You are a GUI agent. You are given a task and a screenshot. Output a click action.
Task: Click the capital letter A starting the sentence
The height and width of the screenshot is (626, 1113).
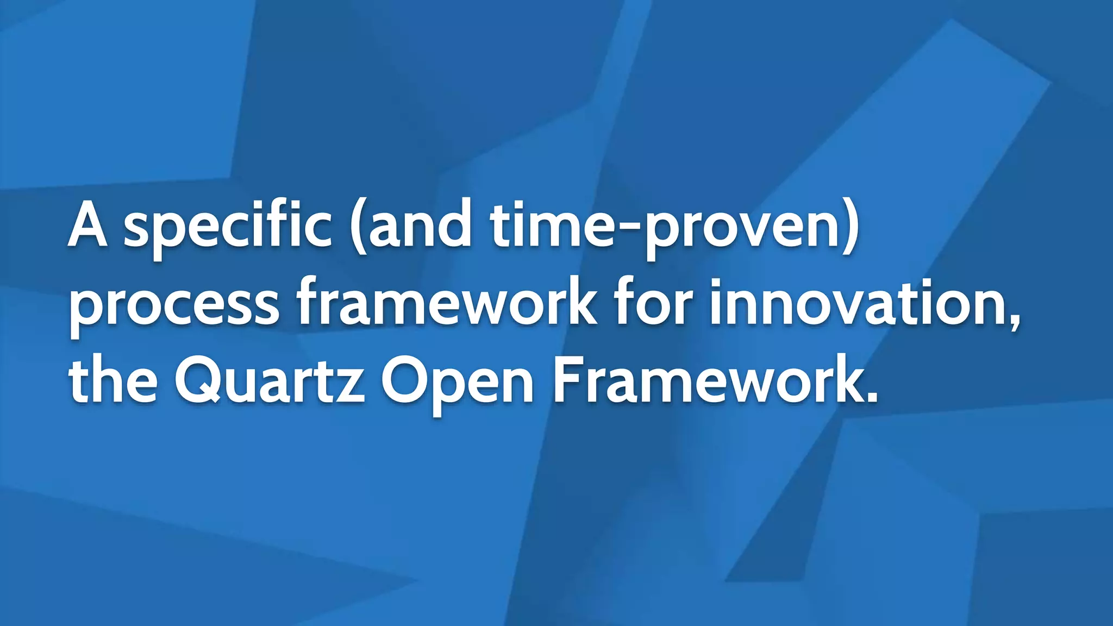pos(88,224)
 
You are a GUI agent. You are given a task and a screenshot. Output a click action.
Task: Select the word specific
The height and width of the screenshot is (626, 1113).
pos(227,228)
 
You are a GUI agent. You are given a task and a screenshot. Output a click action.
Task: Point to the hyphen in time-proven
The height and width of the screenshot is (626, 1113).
pos(629,233)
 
